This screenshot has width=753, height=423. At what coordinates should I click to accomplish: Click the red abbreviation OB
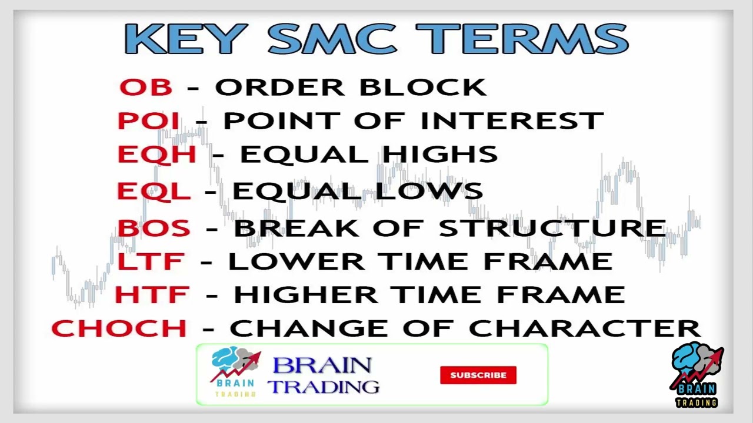pyautogui.click(x=145, y=88)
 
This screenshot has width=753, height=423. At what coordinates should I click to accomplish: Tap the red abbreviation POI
pyautogui.click(x=148, y=121)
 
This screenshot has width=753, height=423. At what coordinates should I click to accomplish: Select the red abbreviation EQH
pyautogui.click(x=156, y=155)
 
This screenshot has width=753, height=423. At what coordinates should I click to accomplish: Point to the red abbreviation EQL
pyautogui.click(x=153, y=192)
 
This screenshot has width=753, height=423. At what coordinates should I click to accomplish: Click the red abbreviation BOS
pyautogui.click(x=154, y=229)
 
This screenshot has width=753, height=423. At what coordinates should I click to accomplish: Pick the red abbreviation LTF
pyautogui.click(x=151, y=262)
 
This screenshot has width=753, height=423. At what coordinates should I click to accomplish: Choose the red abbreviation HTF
pyautogui.click(x=152, y=295)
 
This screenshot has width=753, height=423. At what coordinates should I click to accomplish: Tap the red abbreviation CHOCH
pyautogui.click(x=119, y=328)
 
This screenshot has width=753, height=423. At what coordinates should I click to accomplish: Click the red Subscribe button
pyautogui.click(x=478, y=375)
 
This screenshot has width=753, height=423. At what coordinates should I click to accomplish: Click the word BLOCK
pyautogui.click(x=422, y=88)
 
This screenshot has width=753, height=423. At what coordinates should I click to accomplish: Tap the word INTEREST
pyautogui.click(x=512, y=121)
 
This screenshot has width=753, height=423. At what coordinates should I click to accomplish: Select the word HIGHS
pyautogui.click(x=439, y=155)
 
